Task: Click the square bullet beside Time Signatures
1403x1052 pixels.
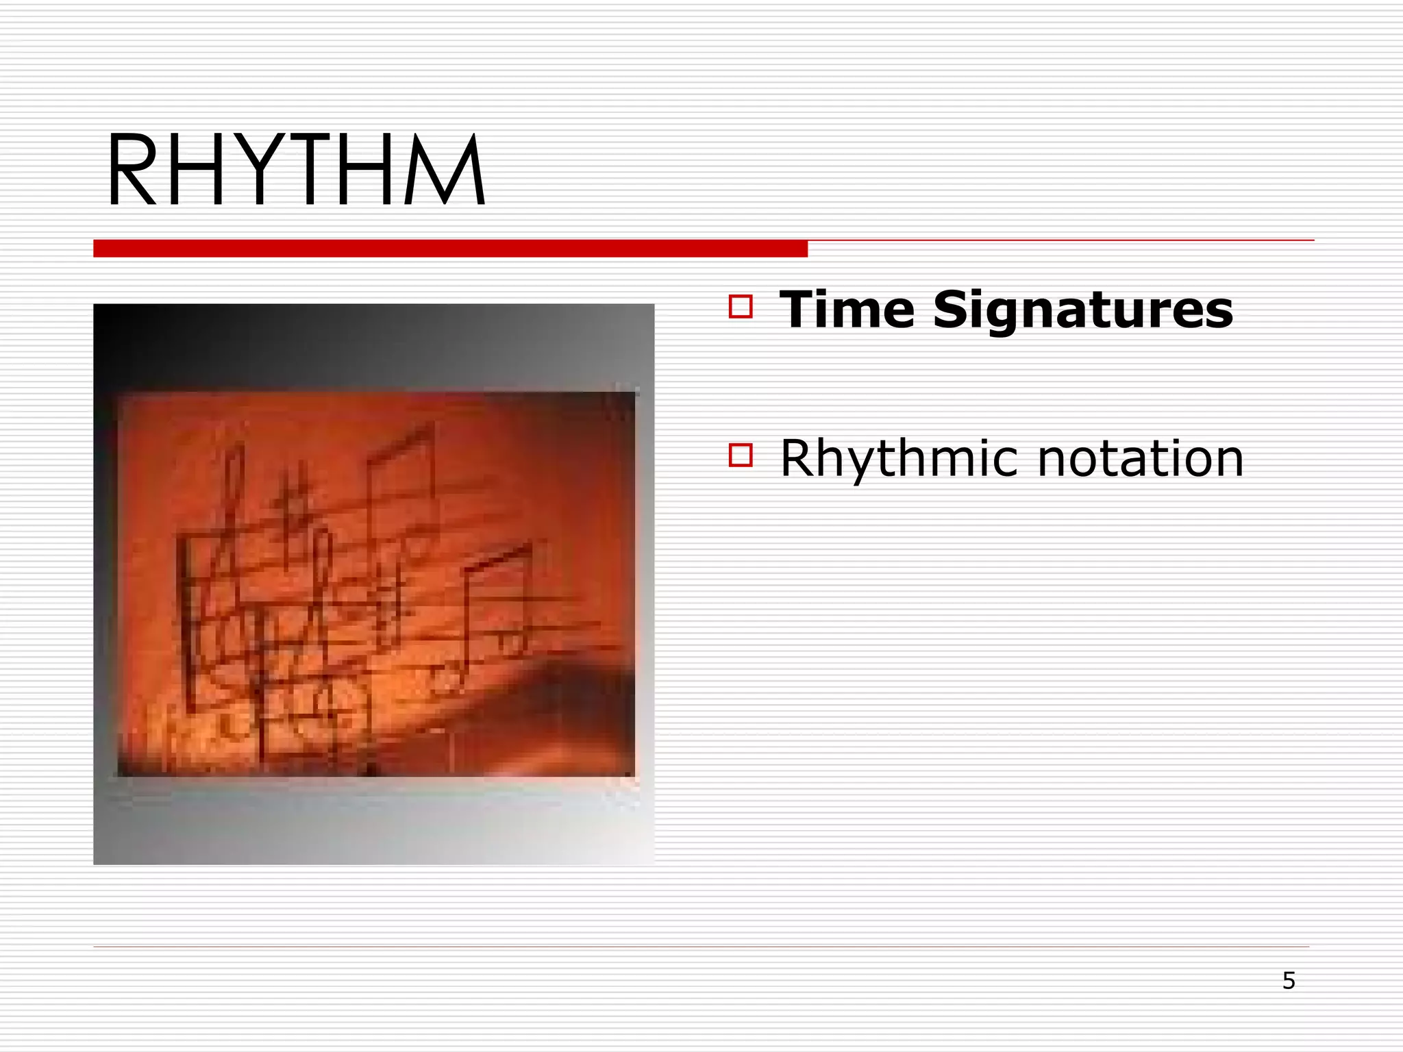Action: tap(741, 306)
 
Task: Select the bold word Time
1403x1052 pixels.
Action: tap(847, 310)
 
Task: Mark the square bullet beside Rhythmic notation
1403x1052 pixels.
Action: tap(741, 455)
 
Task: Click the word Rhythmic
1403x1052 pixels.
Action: tap(898, 458)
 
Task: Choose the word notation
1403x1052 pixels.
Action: tap(1140, 458)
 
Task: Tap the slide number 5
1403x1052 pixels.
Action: tap(1289, 981)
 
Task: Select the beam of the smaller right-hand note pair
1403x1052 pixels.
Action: tap(497, 558)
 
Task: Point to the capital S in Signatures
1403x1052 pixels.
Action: tap(953, 310)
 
